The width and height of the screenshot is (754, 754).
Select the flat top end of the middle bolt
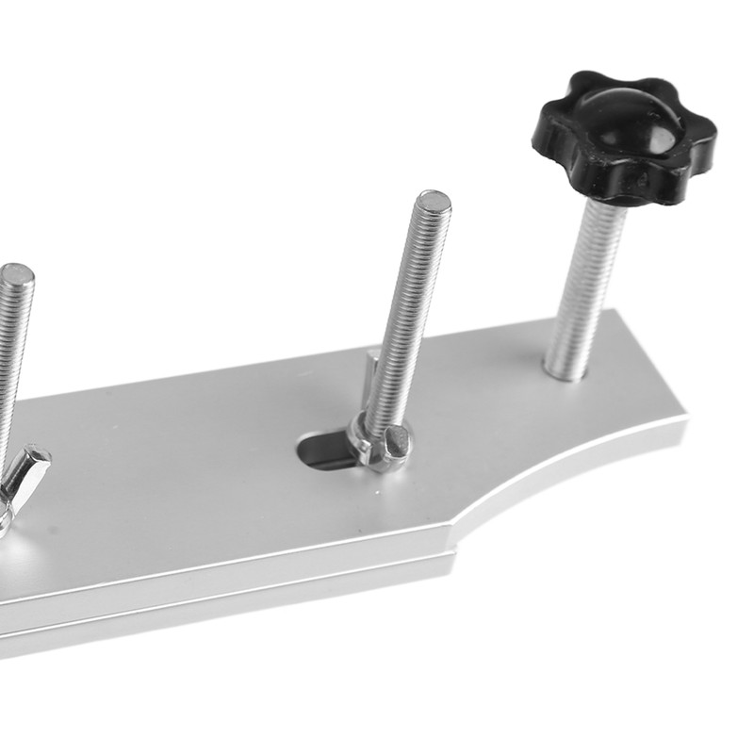(x=434, y=201)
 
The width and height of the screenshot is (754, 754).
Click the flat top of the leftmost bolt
(x=16, y=274)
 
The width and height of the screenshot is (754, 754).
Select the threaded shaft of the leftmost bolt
(x=11, y=358)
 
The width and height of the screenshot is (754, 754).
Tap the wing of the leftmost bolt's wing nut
(x=28, y=471)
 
